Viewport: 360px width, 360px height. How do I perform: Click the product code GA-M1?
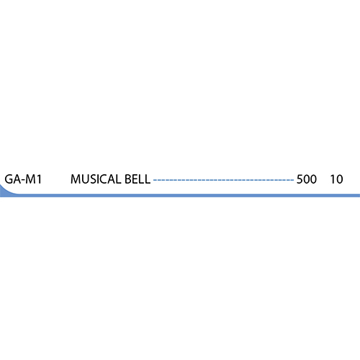coord(22,179)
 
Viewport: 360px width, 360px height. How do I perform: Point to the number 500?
coord(307,179)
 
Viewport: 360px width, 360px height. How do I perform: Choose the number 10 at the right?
coord(336,179)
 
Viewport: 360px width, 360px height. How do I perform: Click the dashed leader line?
coord(223,179)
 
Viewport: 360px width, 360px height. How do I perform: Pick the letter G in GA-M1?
coord(9,179)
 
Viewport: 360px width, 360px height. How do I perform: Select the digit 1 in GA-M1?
coord(37,179)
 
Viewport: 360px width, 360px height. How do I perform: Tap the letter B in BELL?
coord(129,179)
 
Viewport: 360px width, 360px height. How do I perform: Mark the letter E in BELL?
coord(136,179)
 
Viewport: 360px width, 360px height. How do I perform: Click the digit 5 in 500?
coord(300,179)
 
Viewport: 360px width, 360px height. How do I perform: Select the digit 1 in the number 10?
coord(333,179)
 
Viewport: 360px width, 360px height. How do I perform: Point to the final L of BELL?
coord(148,179)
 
